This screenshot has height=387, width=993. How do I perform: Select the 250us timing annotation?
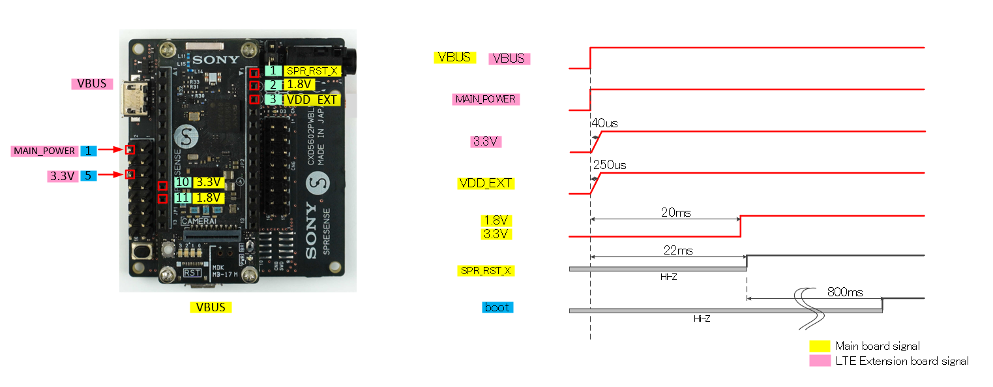[609, 166]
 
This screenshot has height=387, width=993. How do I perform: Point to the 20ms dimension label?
[675, 212]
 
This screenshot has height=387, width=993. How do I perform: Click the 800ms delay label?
[844, 292]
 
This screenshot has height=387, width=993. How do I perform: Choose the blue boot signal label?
[497, 307]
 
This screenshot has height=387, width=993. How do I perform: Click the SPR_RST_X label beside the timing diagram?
[486, 270]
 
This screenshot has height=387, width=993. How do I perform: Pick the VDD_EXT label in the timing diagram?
[486, 184]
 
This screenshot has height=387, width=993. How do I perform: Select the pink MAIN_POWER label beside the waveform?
[485, 99]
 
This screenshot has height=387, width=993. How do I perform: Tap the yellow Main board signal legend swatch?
[820, 346]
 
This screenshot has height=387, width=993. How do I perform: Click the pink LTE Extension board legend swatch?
[820, 361]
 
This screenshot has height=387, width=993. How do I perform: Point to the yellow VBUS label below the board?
[211, 307]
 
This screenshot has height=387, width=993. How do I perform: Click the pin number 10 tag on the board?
[182, 183]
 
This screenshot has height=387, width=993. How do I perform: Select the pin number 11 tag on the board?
[182, 197]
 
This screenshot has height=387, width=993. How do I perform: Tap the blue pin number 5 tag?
[88, 175]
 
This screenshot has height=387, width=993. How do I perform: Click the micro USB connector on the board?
[137, 102]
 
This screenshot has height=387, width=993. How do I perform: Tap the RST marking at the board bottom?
[192, 273]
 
